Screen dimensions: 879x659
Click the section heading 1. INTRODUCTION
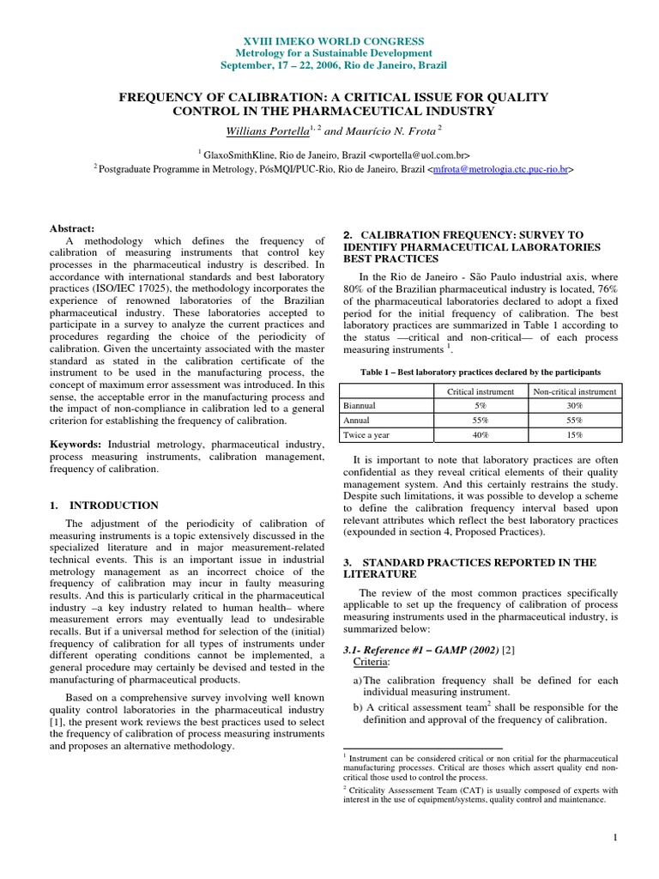coord(104,506)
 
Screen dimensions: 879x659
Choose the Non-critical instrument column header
coord(574,391)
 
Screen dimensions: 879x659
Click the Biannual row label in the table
coord(359,406)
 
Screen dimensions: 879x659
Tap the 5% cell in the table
coord(480,406)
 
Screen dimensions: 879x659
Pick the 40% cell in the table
coord(480,435)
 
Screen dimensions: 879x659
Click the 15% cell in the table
coord(574,435)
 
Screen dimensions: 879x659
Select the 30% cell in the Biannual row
coord(574,406)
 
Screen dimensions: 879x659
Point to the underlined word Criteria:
coord(373,664)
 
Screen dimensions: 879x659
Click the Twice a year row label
coord(366,435)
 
